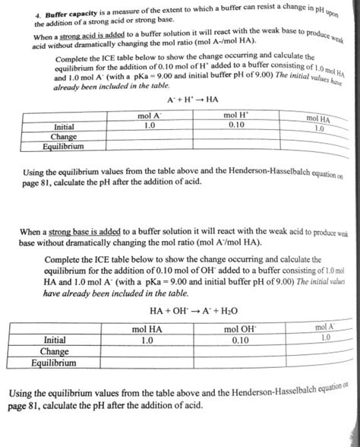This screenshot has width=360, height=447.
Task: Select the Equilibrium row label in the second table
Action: pyautogui.click(x=54, y=363)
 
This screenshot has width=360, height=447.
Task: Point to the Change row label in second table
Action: pyautogui.click(x=55, y=352)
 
